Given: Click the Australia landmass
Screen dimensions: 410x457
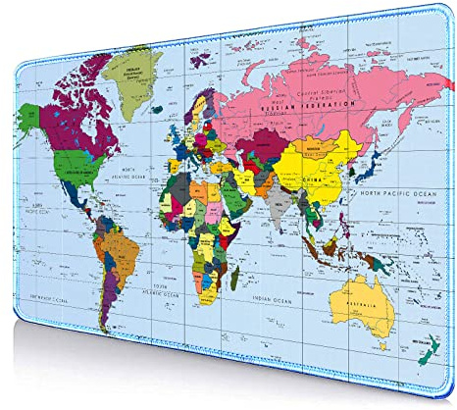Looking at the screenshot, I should (x=364, y=300).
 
